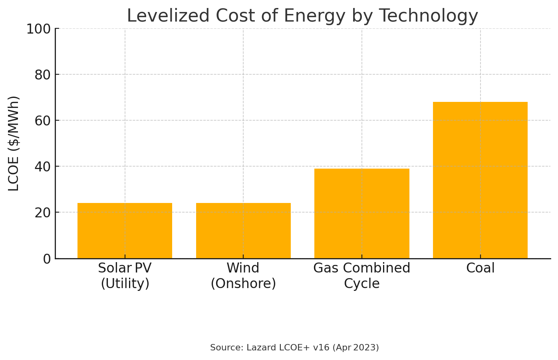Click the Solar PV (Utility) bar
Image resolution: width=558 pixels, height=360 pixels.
click(125, 231)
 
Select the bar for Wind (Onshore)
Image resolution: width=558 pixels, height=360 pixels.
click(243, 231)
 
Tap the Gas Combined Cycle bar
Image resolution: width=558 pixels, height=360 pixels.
click(361, 213)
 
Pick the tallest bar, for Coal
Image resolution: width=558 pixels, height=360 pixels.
click(480, 180)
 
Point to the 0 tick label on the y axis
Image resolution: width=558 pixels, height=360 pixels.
click(47, 259)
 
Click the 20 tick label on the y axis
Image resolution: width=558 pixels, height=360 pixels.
click(42, 213)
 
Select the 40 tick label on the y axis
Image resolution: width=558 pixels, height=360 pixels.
click(42, 167)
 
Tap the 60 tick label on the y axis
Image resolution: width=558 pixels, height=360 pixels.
click(42, 121)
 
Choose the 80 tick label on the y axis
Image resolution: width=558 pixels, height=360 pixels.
click(42, 75)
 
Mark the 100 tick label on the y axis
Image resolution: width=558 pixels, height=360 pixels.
click(38, 29)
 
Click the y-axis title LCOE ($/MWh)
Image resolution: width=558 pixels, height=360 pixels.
click(14, 143)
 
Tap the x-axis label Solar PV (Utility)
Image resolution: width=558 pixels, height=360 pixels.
click(125, 276)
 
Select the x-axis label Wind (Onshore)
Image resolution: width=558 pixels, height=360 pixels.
click(243, 276)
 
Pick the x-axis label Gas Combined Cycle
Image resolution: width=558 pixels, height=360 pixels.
click(361, 276)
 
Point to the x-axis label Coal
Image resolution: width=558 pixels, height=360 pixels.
click(480, 268)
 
